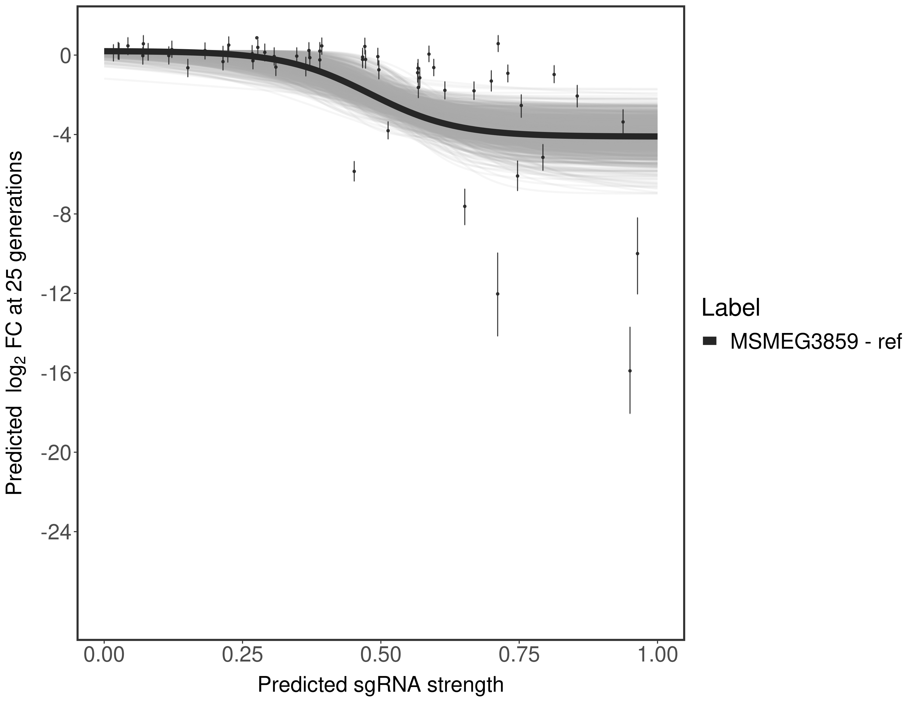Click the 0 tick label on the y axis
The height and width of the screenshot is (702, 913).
coord(65,56)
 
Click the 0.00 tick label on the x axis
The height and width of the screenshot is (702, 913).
coord(104,654)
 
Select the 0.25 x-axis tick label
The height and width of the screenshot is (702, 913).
coord(243,654)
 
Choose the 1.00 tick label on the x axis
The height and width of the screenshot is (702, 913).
coord(657,654)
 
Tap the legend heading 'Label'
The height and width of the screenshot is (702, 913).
coord(730,308)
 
